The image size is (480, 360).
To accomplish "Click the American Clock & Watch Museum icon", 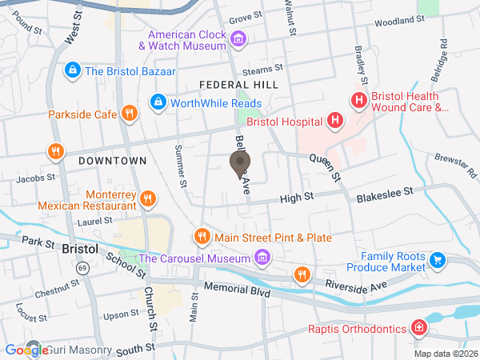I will [238, 38].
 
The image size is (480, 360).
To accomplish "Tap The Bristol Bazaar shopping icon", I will [74, 70].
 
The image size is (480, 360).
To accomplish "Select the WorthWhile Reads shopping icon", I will [158, 103].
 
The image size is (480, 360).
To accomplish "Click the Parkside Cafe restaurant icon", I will [128, 114].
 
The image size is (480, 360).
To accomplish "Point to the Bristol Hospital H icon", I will [335, 122].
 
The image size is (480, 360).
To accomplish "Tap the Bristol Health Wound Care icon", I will [358, 101].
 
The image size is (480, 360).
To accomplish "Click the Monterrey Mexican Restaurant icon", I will [147, 198].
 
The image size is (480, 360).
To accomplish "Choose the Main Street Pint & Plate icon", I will [202, 237].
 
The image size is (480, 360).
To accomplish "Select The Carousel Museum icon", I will [261, 257].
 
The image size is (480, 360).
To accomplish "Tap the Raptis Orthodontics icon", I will [418, 328].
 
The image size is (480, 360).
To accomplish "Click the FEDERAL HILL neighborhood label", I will [238, 84].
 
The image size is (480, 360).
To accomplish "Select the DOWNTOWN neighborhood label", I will [113, 161].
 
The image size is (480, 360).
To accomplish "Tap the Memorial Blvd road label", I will [238, 287].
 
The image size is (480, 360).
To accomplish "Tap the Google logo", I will [26, 350].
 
